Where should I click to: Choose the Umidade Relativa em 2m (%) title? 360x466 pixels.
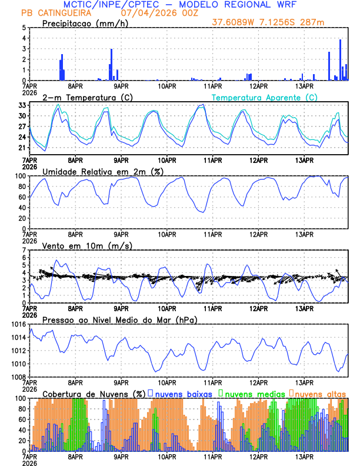103,171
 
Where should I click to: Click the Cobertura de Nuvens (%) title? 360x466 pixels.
94,393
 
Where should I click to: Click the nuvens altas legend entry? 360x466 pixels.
319,393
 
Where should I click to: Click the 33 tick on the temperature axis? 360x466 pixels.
22,105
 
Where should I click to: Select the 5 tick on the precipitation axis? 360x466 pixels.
24,28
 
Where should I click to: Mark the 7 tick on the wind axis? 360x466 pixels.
24,250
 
